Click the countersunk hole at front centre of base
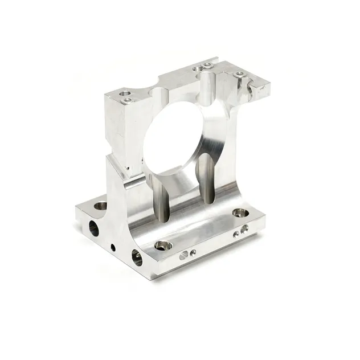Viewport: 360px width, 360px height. tap(162, 245)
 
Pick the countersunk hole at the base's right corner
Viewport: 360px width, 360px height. tap(238, 213)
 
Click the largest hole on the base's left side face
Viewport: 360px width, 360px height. tap(92, 228)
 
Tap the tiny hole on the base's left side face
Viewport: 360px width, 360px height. tap(113, 247)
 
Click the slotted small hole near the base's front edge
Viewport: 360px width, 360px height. tap(183, 256)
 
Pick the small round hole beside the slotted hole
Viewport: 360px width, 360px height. tap(193, 252)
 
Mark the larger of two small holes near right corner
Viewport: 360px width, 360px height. tap(244, 229)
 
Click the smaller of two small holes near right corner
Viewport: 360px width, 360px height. tap(236, 233)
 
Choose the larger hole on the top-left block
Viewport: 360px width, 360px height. tap(125, 91)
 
